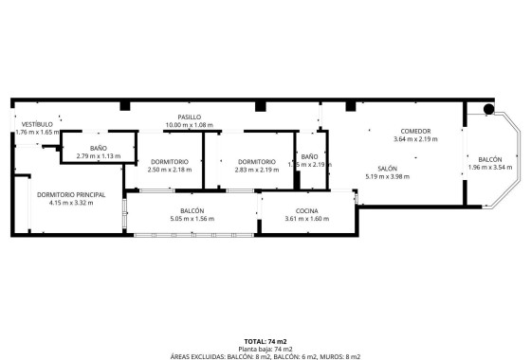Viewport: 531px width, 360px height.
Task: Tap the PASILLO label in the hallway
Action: (x=190, y=117)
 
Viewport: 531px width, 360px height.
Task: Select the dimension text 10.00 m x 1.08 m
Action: (x=190, y=125)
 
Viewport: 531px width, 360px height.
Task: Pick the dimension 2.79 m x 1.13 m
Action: (x=99, y=156)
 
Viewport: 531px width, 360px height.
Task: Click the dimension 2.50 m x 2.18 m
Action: (x=169, y=170)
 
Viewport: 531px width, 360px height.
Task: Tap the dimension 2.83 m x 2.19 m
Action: (x=257, y=170)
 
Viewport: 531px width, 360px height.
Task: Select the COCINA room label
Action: (x=306, y=210)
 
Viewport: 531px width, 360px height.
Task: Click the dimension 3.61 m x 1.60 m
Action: (x=306, y=219)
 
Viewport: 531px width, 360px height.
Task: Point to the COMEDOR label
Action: (x=415, y=131)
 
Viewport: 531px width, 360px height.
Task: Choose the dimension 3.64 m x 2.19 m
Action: (x=415, y=139)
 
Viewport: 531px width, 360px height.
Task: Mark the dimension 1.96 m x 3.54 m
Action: (x=490, y=168)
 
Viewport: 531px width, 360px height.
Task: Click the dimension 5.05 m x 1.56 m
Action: (x=192, y=219)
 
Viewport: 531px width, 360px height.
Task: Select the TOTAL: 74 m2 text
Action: (x=265, y=340)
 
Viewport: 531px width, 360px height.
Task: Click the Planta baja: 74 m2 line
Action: (x=265, y=348)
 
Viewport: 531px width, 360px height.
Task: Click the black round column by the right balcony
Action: (x=487, y=109)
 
